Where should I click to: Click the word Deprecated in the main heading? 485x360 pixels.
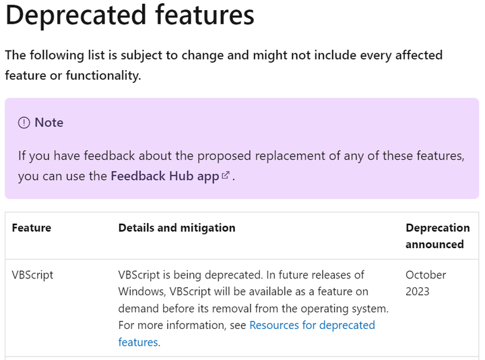coord(70,15)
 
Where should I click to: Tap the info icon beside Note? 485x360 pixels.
coord(24,123)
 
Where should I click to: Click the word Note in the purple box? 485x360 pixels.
coord(49,123)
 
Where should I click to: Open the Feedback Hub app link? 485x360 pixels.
coord(165,177)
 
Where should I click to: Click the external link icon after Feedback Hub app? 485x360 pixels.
coord(226,175)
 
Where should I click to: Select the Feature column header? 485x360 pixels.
coord(32,228)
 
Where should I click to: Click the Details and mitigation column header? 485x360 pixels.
coord(176,228)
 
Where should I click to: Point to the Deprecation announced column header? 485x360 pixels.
coord(437,236)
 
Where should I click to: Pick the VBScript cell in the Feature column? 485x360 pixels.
coord(32,275)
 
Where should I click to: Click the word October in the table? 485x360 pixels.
coord(426,275)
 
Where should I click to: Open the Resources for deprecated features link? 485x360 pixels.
coord(312,325)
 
